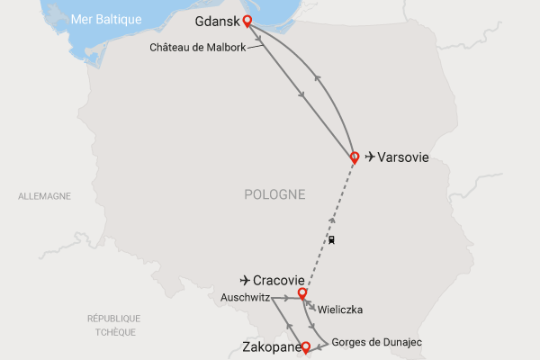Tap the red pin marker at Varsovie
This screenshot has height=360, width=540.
pos(355,157)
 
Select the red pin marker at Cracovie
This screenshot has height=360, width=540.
pos(302,292)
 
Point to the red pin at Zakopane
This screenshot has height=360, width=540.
pos(305,346)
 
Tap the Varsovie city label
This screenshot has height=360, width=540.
pos(403,157)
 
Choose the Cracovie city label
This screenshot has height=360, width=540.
pos(274,280)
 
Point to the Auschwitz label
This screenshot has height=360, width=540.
pos(244,296)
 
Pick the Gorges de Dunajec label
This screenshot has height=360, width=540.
pos(376,342)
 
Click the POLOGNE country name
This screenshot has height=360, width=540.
pos(274,194)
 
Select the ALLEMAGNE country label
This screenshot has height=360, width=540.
pos(44,195)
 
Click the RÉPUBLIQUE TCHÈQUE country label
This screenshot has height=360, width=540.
pos(113,325)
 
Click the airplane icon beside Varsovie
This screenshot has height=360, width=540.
pos(370,157)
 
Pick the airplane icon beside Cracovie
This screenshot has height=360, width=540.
pos(245,280)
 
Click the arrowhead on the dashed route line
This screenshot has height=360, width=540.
pos(333,220)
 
